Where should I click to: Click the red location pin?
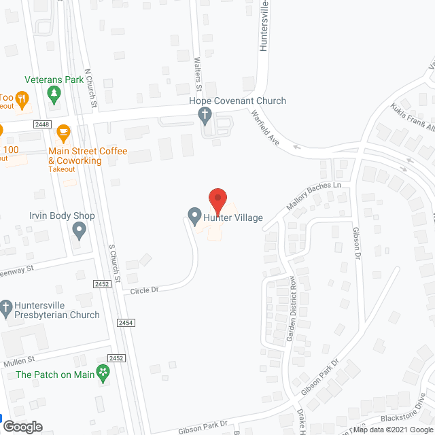tap(217, 199)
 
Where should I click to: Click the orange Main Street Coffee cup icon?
tap(64, 131)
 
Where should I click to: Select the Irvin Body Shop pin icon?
tap(79, 232)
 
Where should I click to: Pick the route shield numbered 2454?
tap(126, 323)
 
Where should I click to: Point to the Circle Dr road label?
tap(144, 290)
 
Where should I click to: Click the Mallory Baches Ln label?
tap(312, 196)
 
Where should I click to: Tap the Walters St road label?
tap(199, 75)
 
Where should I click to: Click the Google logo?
tap(22, 427)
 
